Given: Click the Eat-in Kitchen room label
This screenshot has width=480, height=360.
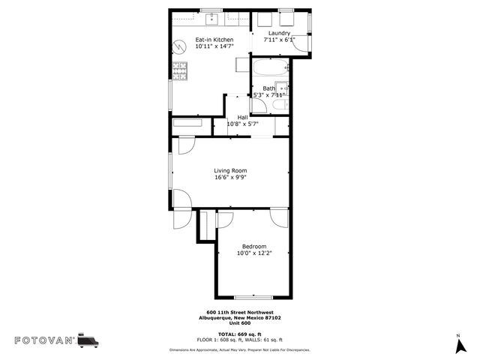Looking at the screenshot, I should tap(214, 40).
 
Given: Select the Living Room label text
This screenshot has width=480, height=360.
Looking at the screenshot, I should tap(230, 171).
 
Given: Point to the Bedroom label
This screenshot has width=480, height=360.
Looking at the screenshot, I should tap(253, 247).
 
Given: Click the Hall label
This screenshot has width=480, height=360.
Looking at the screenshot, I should tap(242, 118).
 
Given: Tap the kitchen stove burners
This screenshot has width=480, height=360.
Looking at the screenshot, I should tap(180, 71).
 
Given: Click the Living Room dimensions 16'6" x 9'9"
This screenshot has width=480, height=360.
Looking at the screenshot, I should tap(230, 178).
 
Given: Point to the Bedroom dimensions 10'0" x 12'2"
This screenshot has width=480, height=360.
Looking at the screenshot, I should tap(253, 253).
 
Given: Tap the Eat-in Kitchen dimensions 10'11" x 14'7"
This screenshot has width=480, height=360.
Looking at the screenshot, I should tap(214, 46).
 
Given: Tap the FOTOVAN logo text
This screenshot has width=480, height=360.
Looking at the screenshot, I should tap(44, 341).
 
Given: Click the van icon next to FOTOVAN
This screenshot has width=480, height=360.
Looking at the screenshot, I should tap(88, 340).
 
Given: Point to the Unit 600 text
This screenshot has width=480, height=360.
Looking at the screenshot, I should tap(240, 322).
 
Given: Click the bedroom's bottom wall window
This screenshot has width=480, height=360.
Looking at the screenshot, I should tap(253, 297).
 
